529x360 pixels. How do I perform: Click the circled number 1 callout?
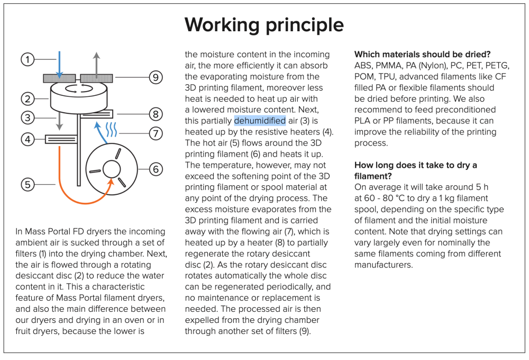tap(28, 59)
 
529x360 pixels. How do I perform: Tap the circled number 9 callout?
tap(155, 77)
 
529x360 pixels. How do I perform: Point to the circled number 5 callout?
tap(28, 184)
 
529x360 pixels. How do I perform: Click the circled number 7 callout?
tap(155, 133)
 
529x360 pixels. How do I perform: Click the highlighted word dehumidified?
tap(260, 121)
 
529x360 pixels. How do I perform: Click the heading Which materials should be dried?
tap(422, 55)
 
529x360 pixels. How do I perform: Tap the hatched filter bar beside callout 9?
tap(96, 78)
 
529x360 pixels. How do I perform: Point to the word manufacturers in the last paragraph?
tap(383, 265)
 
